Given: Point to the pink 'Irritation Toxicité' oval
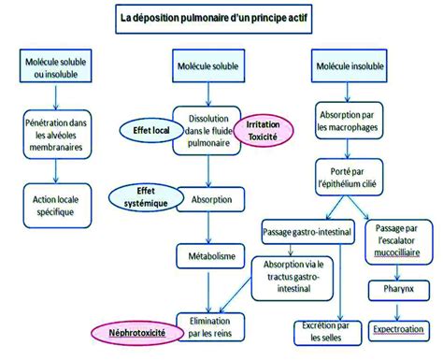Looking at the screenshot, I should (264, 130).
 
